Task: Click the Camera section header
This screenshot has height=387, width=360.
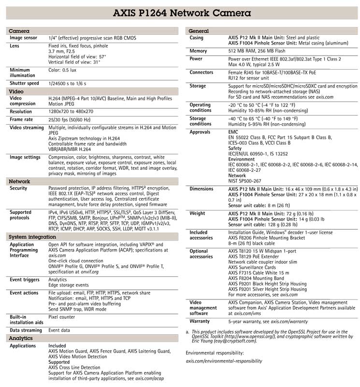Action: pyautogui.click(x=19, y=31)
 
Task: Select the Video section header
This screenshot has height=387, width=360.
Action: pyautogui.click(x=16, y=91)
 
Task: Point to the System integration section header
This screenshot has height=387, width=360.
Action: pyautogui.click(x=32, y=237)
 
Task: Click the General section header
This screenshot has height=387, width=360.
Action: pyautogui.click(x=198, y=31)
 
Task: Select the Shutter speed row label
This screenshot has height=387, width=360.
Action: pyautogui.click(x=24, y=83)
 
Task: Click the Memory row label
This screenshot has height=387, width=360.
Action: pyautogui.click(x=198, y=51)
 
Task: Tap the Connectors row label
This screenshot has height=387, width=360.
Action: pyautogui.click(x=202, y=73)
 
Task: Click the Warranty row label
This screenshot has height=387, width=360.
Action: pyautogui.click(x=200, y=321)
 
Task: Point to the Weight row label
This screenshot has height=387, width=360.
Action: pyautogui.click(x=197, y=213)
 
